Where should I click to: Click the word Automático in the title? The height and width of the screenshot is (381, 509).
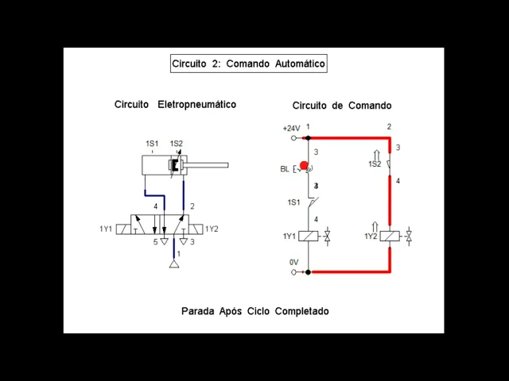(300, 63)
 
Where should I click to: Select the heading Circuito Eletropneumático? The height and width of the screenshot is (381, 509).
(175, 105)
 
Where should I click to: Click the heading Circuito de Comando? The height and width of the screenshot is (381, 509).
(341, 106)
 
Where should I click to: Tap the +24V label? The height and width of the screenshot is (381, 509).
(291, 128)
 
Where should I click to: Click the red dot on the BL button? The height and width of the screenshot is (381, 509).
(304, 166)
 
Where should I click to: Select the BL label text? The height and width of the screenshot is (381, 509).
(285, 169)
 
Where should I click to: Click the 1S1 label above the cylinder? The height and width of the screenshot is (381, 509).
(152, 144)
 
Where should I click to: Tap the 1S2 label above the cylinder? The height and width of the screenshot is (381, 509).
(177, 144)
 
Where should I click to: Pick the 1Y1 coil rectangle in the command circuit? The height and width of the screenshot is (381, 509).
(313, 237)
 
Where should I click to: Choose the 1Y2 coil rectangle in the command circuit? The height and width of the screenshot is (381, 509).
(390, 237)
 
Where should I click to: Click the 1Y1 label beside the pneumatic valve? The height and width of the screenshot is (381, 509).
(106, 229)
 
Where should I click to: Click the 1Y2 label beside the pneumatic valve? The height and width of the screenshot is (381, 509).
(212, 229)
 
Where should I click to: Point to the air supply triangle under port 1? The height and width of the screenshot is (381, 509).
(174, 264)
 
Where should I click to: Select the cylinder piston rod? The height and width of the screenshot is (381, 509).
(207, 165)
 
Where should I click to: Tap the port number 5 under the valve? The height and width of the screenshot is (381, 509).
(156, 242)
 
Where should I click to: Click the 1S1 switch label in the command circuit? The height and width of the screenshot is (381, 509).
(293, 202)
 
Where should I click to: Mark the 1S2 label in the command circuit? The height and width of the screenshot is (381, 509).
(375, 164)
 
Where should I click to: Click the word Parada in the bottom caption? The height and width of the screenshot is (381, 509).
(199, 311)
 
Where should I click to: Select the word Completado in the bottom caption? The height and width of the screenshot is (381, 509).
(301, 311)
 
